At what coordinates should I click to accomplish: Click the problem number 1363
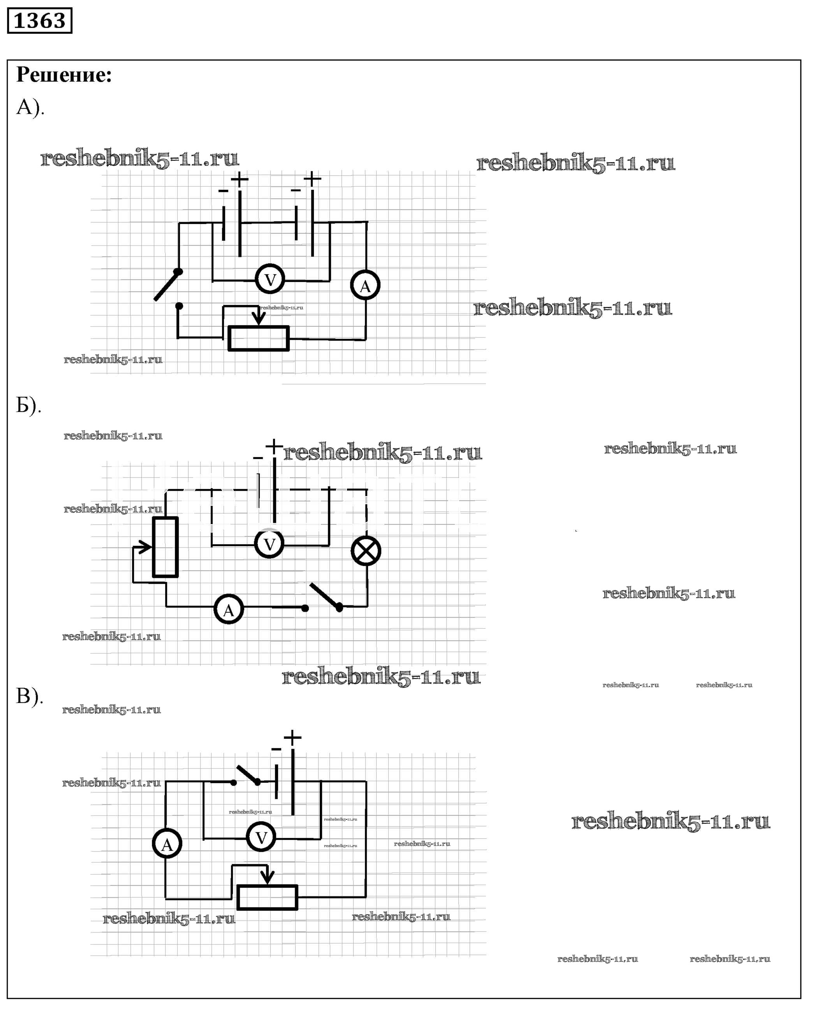[39, 21]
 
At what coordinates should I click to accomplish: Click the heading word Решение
[64, 75]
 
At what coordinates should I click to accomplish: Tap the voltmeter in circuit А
[270, 280]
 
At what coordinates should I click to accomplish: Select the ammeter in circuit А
[365, 286]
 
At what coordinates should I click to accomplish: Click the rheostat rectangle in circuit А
[258, 338]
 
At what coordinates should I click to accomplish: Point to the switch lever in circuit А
[167, 286]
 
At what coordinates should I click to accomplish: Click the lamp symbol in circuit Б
[366, 551]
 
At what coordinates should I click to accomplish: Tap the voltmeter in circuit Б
[269, 544]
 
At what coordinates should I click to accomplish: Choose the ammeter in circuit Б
[229, 609]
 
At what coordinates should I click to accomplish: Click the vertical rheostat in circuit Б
[165, 547]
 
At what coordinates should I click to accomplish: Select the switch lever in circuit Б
[324, 596]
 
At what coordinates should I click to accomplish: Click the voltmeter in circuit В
[261, 838]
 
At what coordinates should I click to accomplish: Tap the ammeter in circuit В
[167, 844]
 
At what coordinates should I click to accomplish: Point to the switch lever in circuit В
[247, 774]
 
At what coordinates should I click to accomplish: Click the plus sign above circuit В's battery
[292, 737]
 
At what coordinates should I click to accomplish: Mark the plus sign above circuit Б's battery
[274, 447]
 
